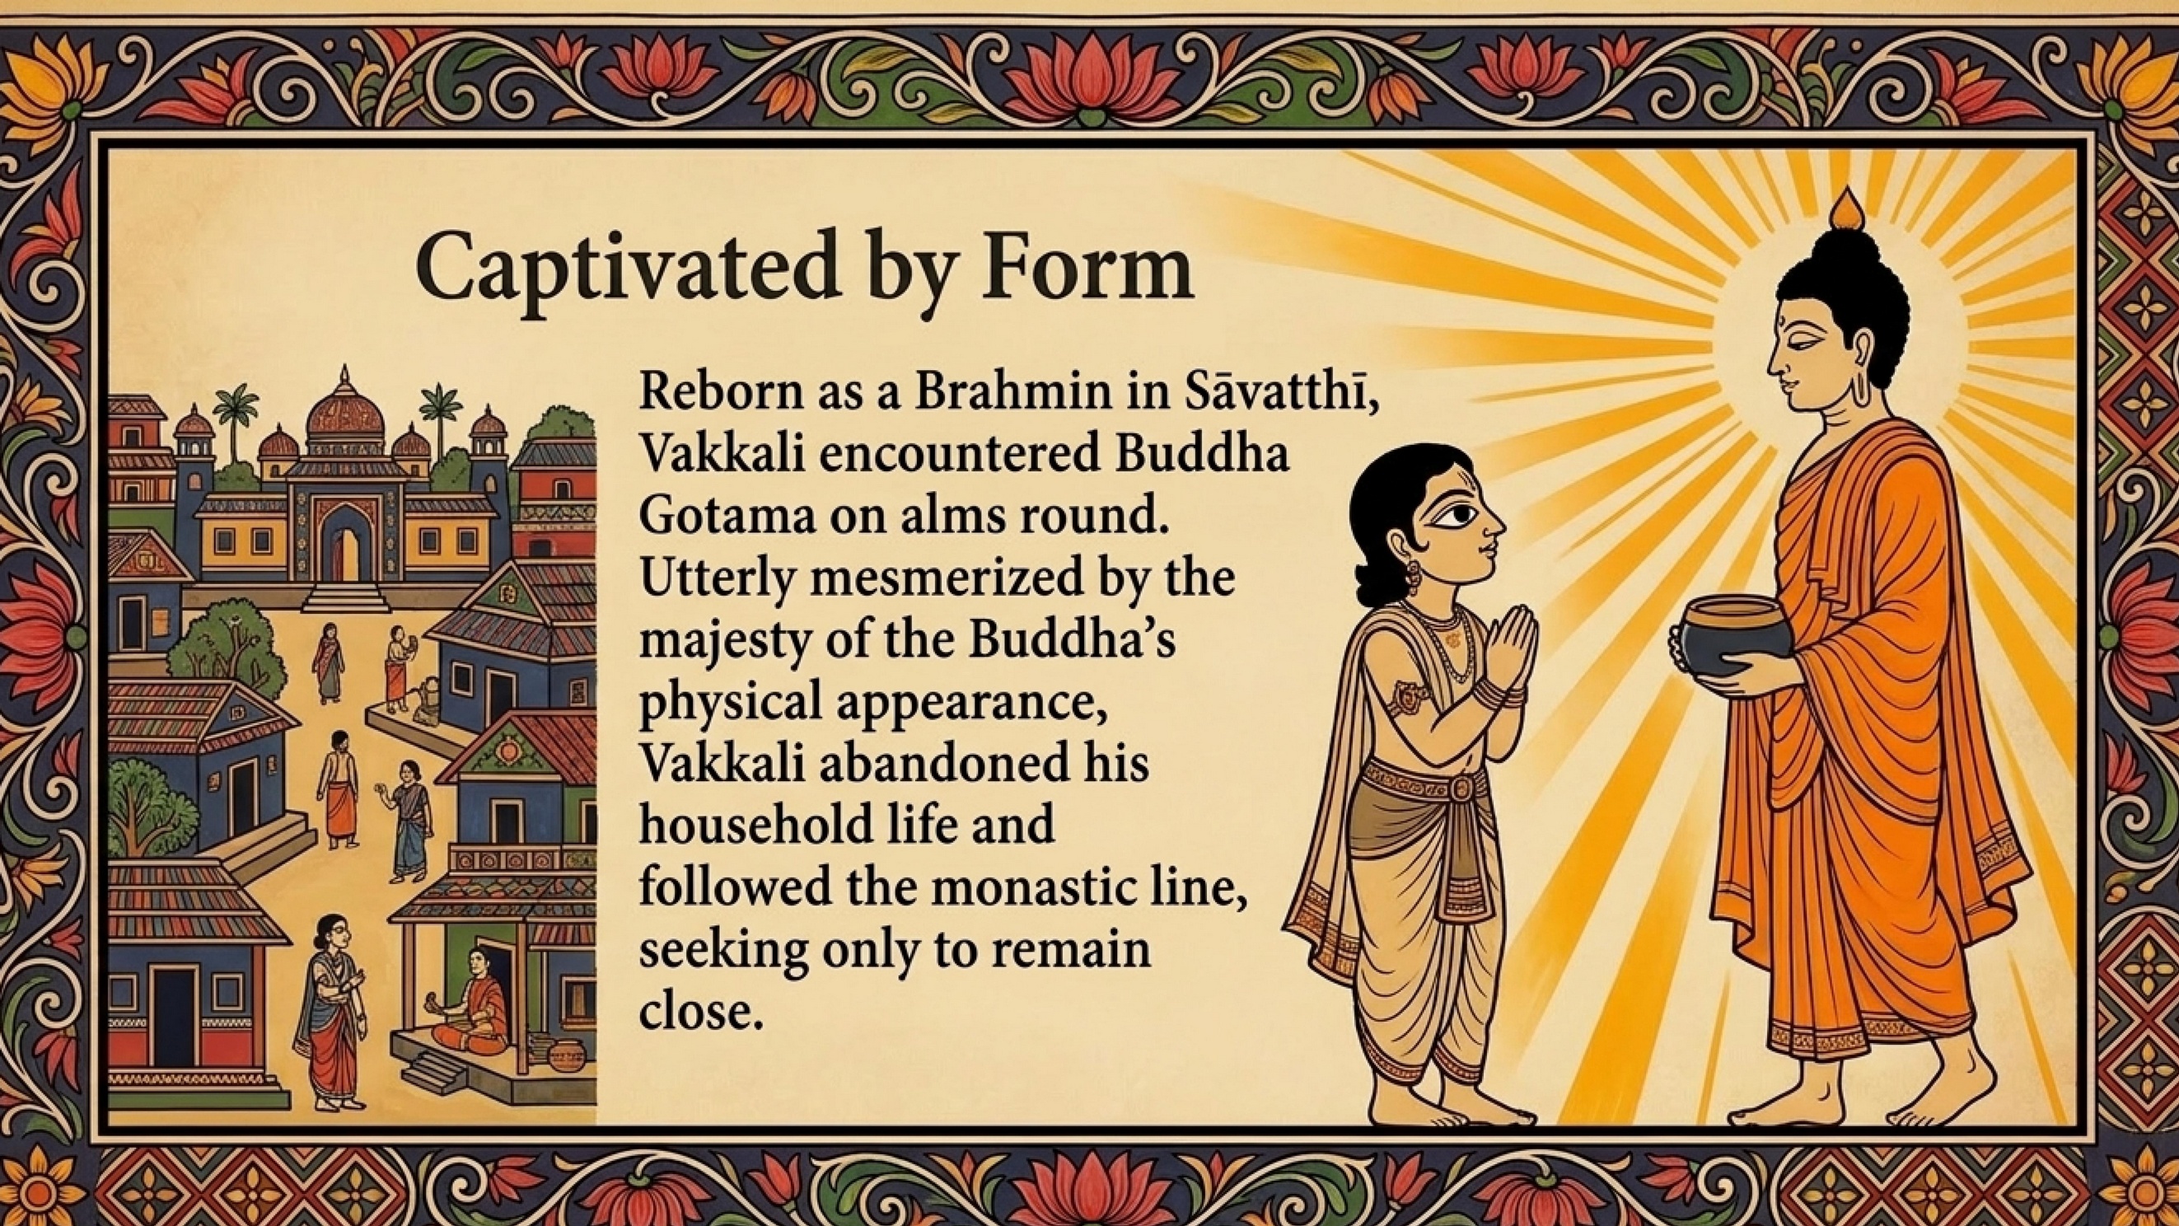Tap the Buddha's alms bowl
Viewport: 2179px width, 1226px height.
[1728, 637]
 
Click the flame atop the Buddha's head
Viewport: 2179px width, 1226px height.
[1845, 209]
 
